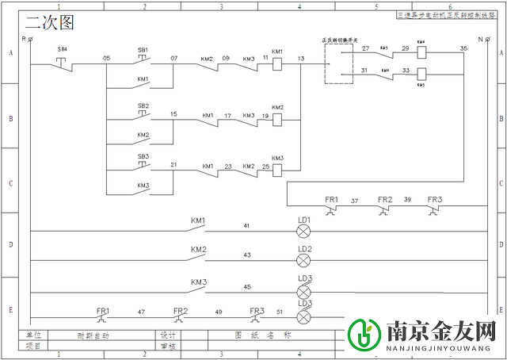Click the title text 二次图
pos(49,24)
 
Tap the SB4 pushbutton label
pos(63,49)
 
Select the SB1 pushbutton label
pos(143,49)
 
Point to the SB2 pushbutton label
pos(143,105)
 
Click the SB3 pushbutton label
pos(143,156)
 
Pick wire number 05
pos(106,58)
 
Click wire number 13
pos(300,58)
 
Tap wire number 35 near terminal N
pos(463,48)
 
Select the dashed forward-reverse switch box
pos(338,63)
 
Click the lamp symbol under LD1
pos(304,231)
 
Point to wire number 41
pos(246,226)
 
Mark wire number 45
pos(246,286)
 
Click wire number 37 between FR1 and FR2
pos(355,200)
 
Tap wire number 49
pos(218,312)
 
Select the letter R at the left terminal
pos(25,38)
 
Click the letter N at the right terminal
pos(480,38)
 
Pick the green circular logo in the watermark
pos(365,334)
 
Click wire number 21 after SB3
pos(173,165)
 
